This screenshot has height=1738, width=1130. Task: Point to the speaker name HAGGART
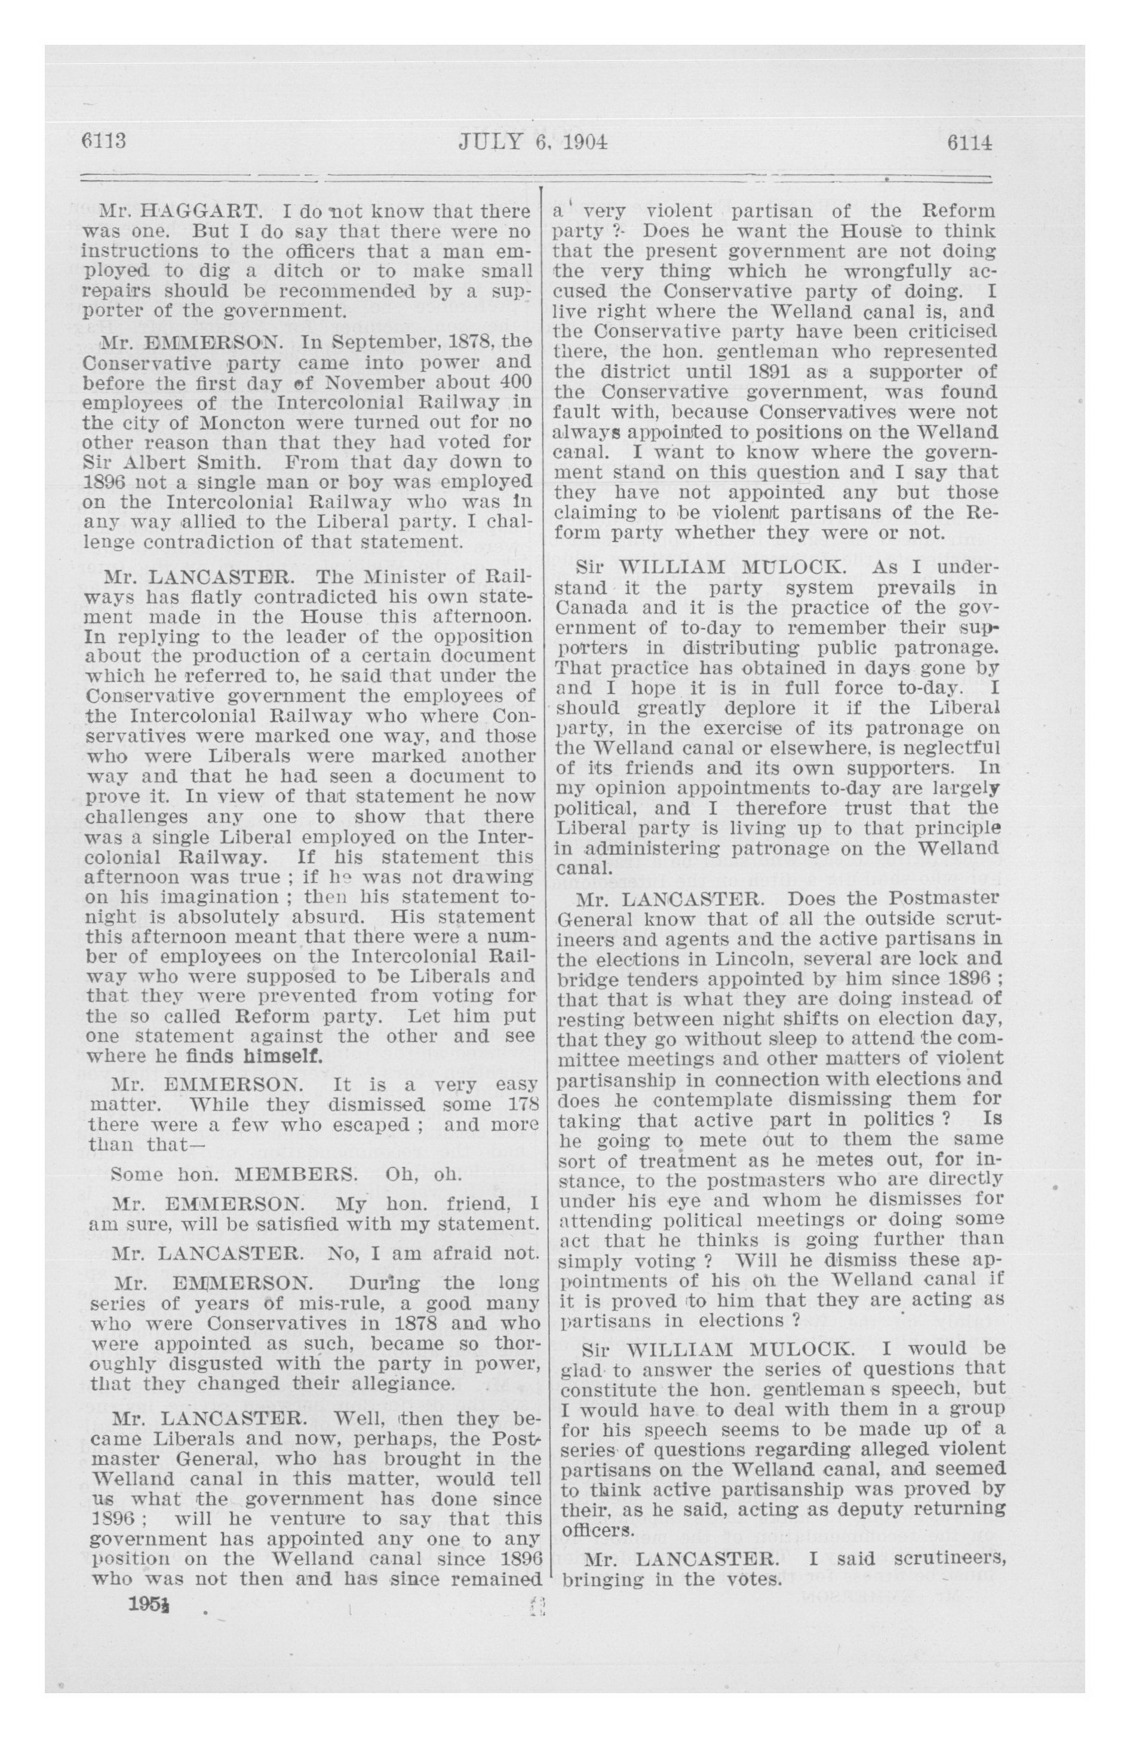pyautogui.click(x=199, y=212)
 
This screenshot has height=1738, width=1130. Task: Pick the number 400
pyautogui.click(x=515, y=382)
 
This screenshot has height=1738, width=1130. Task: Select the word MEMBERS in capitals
pyautogui.click(x=296, y=1175)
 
